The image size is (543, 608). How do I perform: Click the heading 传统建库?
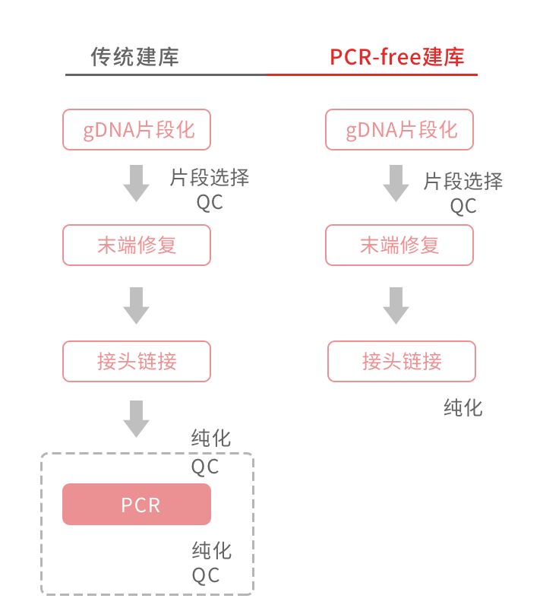pos(135,57)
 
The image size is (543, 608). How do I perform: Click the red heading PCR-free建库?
pos(396,57)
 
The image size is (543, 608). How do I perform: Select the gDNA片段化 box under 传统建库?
pos(137,129)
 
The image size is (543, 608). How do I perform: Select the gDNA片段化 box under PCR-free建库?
pos(399,129)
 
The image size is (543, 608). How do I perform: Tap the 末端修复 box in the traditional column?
pos(137,245)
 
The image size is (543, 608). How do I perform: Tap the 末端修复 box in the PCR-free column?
pos(399,245)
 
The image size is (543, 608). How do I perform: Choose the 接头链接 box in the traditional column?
pos(137,361)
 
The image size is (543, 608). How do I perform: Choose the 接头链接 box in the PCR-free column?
pos(402,361)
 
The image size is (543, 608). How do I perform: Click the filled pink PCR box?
pos(137,505)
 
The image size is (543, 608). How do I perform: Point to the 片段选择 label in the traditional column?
pos(209,179)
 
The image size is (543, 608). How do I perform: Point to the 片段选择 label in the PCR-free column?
pos(463,181)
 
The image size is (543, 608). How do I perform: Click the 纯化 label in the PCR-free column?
pos(463,408)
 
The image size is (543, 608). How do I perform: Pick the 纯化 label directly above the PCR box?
pos(211,439)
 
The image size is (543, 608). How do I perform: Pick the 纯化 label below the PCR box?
pos(211,549)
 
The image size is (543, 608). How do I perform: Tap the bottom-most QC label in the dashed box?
pos(205,575)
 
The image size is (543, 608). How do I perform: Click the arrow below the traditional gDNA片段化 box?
pos(137,182)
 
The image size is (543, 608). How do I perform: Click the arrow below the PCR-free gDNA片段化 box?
pos(396,182)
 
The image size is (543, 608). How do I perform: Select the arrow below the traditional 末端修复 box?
pos(137,305)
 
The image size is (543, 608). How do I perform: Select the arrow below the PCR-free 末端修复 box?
pos(396,305)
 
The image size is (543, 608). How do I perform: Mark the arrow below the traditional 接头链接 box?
pos(137,418)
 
